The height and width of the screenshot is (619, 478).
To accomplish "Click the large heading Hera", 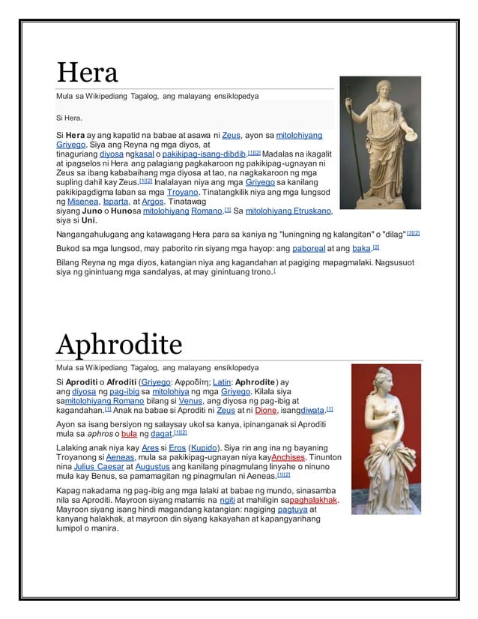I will [87, 73].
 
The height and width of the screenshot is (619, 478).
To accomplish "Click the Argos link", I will [153, 202].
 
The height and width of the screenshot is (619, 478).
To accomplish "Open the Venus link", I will [191, 401].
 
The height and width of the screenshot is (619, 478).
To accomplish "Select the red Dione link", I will [265, 411].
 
